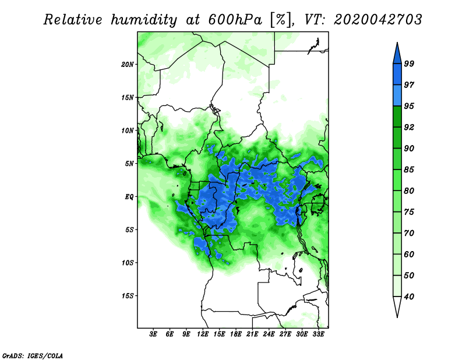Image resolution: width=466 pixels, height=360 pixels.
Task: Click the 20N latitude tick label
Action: click(128, 65)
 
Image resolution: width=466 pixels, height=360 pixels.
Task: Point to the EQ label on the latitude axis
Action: click(129, 197)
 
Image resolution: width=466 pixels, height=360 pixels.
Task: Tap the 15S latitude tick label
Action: click(128, 296)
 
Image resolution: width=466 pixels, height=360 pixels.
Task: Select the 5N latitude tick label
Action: click(129, 164)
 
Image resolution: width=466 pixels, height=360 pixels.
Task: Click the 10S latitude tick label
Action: click(128, 263)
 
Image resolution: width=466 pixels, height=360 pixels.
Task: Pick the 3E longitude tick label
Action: click(153, 334)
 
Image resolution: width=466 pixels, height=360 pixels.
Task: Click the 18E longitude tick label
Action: click(236, 334)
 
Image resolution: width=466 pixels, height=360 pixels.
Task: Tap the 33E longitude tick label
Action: click(318, 334)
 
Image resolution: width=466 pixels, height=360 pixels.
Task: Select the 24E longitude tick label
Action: click(269, 334)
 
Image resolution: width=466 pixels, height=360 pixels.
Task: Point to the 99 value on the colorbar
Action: click(409, 64)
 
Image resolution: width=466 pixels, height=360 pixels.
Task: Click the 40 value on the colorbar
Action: click(409, 297)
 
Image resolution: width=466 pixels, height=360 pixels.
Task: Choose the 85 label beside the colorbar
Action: click(409, 170)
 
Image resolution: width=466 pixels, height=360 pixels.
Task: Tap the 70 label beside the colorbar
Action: click(409, 233)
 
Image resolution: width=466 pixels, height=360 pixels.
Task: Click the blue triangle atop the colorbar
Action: click(397, 55)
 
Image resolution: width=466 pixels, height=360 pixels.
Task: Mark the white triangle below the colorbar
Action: click(397, 306)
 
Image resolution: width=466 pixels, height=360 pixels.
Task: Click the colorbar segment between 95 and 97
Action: click(397, 96)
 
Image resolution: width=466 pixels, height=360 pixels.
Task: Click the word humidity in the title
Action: click(144, 20)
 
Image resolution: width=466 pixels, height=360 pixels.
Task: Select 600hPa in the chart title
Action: click(235, 20)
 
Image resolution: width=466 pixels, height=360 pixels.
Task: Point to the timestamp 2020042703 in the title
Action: click(377, 20)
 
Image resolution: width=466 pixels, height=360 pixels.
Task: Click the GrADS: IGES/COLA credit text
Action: click(33, 356)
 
